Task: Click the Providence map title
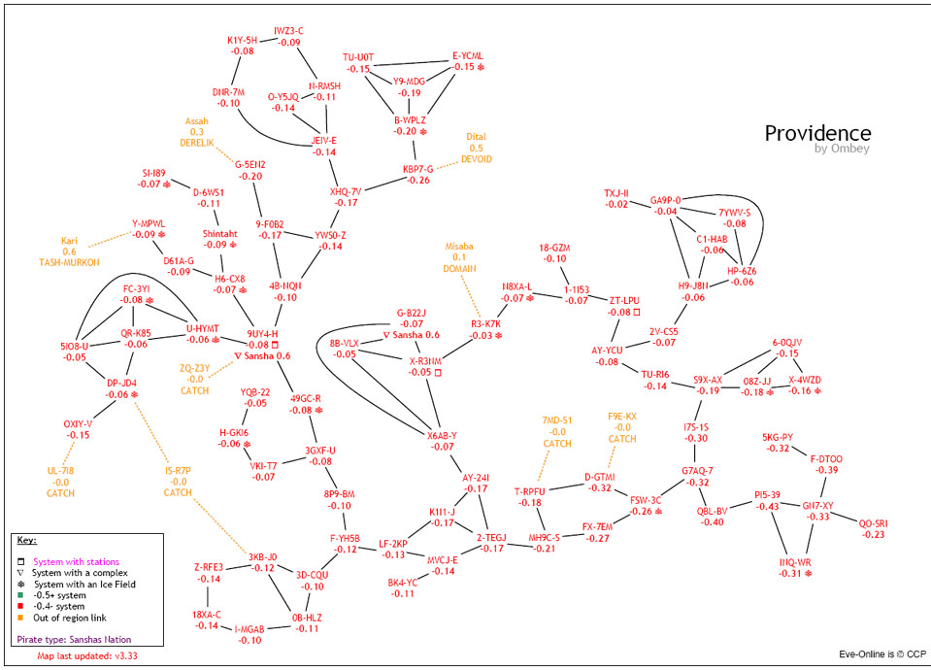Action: point(817,133)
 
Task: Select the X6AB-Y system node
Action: point(441,435)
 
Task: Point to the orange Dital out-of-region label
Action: point(476,136)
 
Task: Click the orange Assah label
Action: point(197,120)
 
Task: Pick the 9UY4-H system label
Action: point(263,333)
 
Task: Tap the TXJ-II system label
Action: point(616,193)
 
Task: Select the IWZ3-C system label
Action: point(288,31)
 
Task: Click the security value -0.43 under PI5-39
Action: point(767,507)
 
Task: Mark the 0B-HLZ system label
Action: point(307,617)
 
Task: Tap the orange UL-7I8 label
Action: point(60,470)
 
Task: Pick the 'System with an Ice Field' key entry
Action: point(84,585)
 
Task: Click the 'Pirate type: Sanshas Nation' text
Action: point(74,640)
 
